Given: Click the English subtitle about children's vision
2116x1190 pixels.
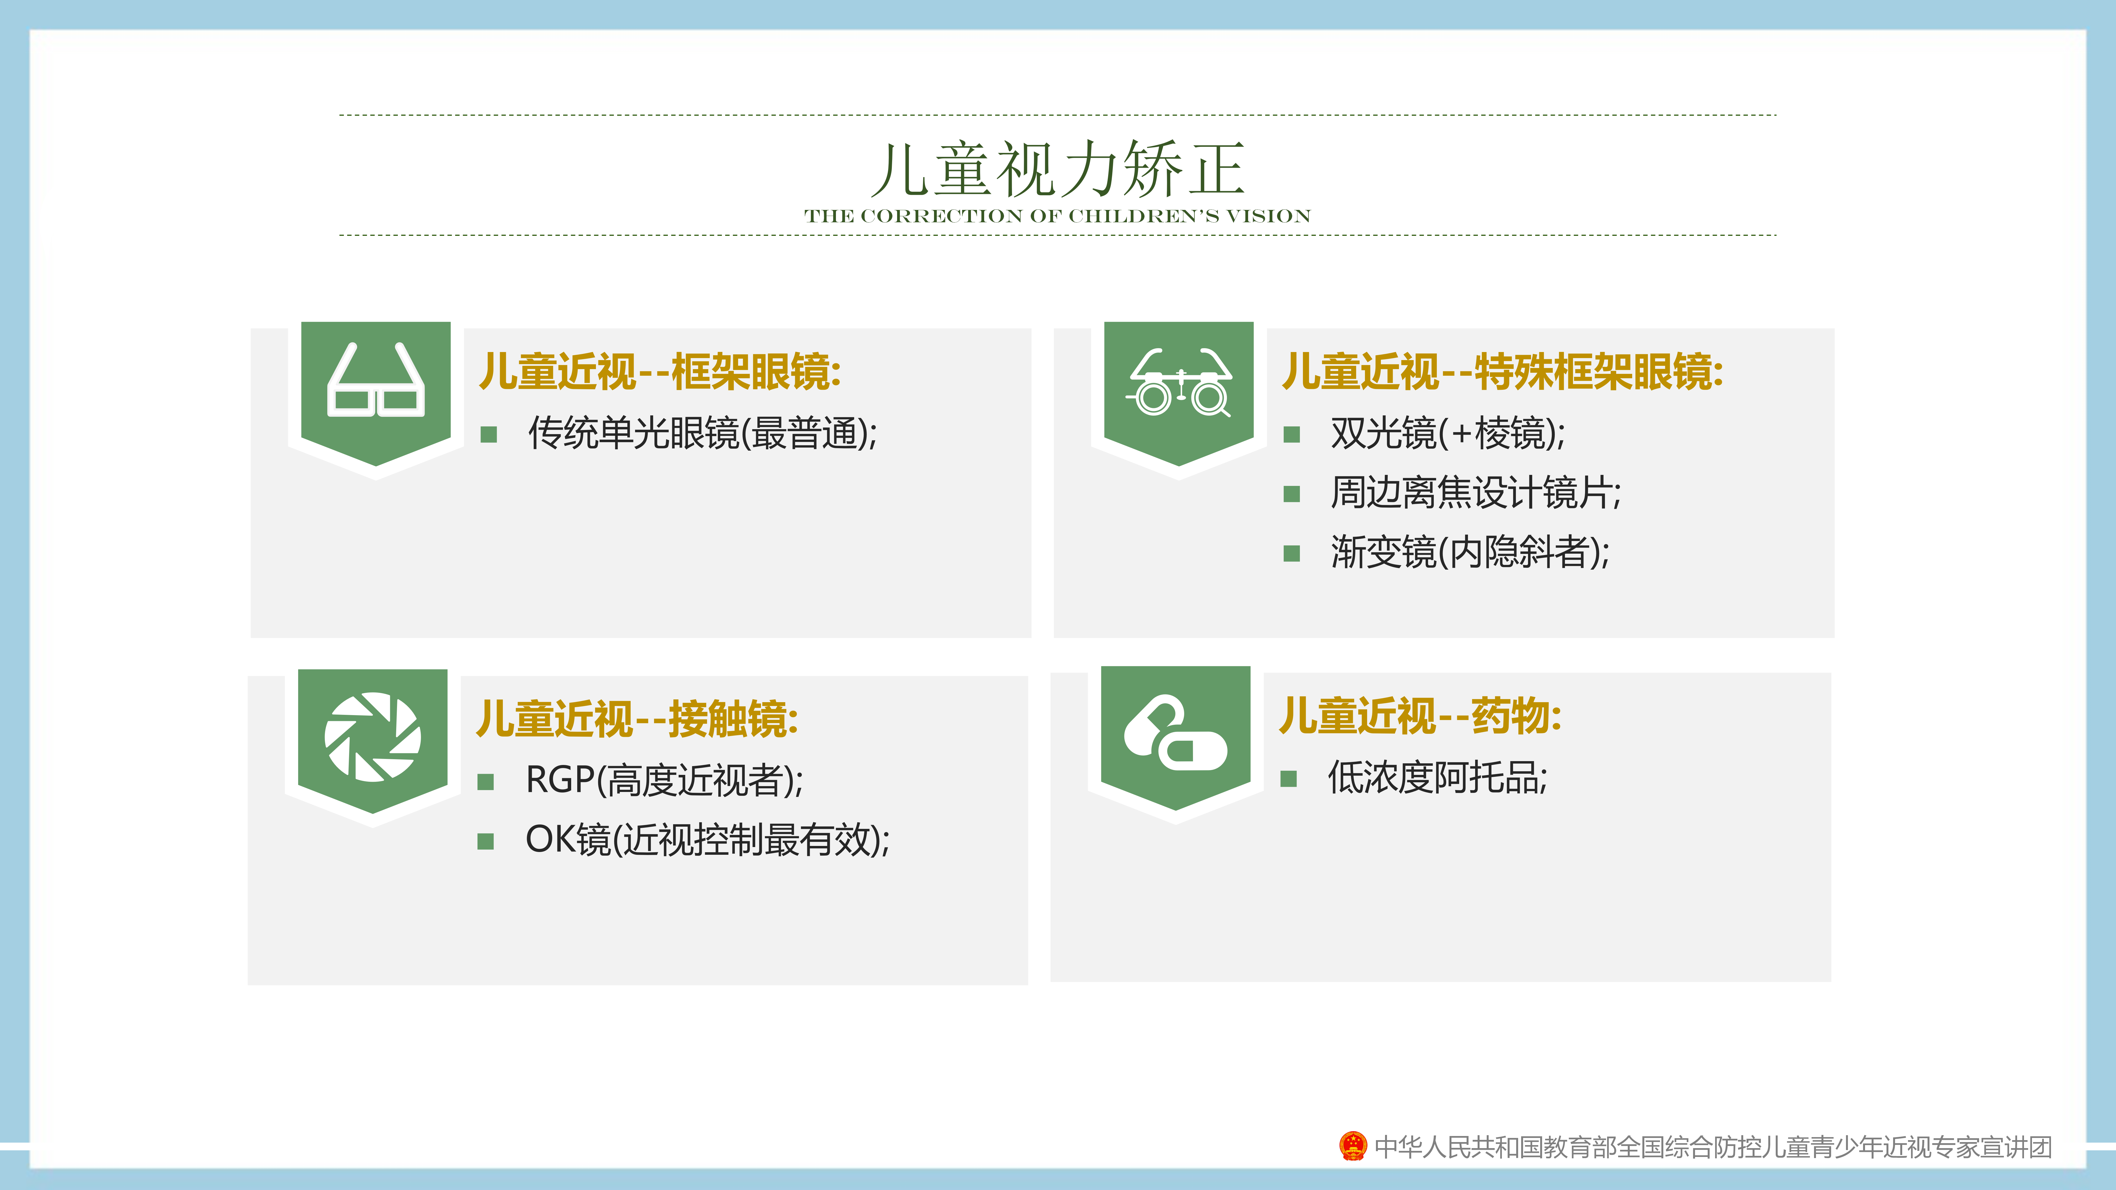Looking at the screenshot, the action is click(1058, 216).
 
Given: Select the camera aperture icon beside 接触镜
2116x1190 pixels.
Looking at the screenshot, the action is click(373, 737).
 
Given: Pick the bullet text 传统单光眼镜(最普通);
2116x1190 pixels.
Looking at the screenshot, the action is click(702, 433).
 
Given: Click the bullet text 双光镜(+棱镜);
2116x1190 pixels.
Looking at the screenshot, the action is click(1448, 433).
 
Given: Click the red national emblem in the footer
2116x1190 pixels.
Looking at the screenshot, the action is click(1353, 1146).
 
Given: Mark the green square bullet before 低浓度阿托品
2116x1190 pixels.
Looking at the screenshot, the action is click(1288, 778).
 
